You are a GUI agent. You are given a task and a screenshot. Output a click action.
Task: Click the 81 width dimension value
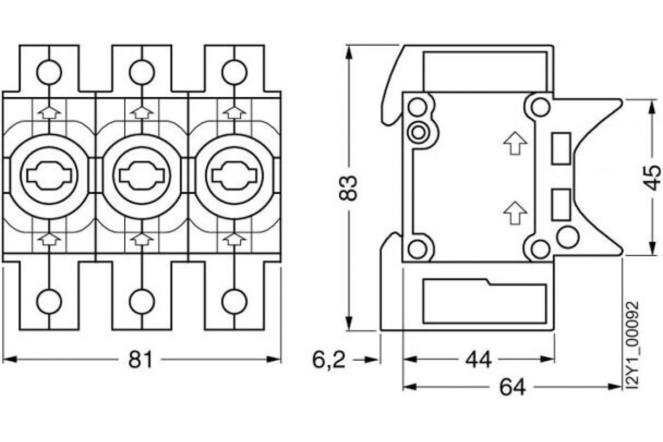[x=140, y=360]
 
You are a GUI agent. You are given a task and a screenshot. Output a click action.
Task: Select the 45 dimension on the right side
[x=652, y=177]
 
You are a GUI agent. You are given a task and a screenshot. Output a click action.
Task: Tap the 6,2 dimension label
[x=329, y=360]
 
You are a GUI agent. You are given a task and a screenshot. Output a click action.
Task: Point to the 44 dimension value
[x=478, y=360]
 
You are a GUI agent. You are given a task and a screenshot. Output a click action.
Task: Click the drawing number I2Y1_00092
[x=634, y=347]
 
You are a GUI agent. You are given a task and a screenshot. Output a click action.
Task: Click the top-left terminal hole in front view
[x=49, y=71]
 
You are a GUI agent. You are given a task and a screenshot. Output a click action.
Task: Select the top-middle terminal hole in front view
[x=141, y=71]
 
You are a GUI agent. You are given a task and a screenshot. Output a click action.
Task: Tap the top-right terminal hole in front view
[x=234, y=71]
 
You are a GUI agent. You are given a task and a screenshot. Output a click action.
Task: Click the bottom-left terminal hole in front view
[x=49, y=301]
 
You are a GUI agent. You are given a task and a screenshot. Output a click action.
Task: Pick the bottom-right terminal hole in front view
[x=234, y=301]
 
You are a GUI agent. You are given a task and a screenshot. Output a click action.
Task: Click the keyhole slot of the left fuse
[x=49, y=175]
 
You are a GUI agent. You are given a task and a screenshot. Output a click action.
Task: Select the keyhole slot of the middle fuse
[x=141, y=175]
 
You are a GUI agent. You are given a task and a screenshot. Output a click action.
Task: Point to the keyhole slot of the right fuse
[x=234, y=175]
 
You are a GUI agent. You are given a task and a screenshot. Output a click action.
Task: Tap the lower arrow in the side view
[x=515, y=212]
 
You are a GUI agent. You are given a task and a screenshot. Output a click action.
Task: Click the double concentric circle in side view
[x=418, y=131]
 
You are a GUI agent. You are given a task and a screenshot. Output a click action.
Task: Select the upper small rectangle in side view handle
[x=561, y=148]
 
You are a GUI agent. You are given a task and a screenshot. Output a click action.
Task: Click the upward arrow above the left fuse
[x=50, y=112]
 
